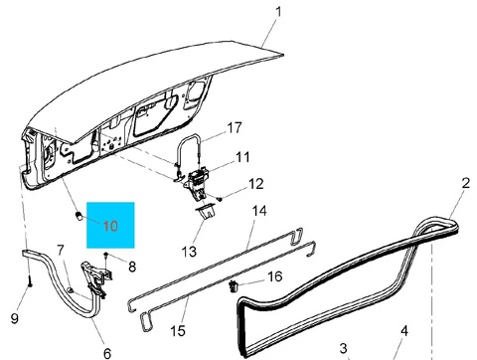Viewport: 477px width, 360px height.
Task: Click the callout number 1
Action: (x=278, y=12)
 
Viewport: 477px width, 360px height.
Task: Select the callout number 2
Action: (x=465, y=183)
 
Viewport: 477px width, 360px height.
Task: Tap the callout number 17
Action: (x=235, y=127)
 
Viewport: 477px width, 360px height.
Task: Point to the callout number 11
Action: (x=242, y=157)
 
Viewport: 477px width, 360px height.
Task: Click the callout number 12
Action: (x=255, y=184)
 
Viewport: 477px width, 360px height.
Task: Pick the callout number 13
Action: (x=189, y=252)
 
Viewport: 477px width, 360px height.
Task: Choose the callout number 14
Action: (x=259, y=211)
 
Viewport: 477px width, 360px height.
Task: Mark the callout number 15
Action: (x=178, y=331)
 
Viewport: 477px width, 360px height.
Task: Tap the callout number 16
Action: (x=275, y=276)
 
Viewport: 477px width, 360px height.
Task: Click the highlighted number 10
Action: (x=110, y=226)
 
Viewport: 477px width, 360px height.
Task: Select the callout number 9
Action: (x=14, y=318)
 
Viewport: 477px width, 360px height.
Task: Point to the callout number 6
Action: (x=107, y=353)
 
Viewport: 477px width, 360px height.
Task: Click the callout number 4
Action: (x=404, y=331)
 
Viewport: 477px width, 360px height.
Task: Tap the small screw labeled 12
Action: (x=220, y=199)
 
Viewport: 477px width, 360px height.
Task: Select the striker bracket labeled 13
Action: (x=206, y=212)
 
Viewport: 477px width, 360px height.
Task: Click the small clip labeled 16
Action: (x=234, y=286)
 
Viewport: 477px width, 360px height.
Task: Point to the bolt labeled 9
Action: (x=30, y=282)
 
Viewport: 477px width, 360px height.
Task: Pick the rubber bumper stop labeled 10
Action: (x=79, y=216)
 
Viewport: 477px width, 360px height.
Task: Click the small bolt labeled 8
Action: (x=106, y=255)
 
